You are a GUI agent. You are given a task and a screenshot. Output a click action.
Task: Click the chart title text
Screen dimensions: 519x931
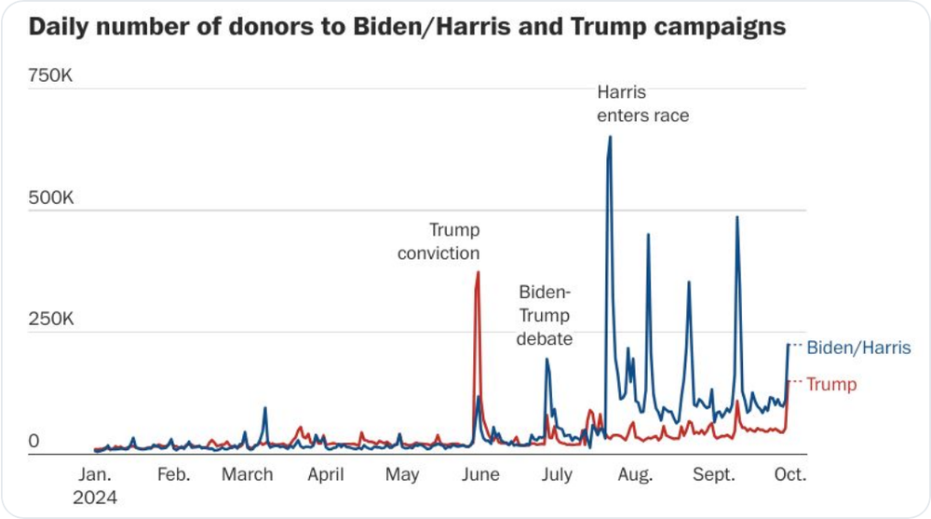(x=407, y=27)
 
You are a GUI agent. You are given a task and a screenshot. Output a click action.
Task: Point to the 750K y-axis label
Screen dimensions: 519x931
(x=49, y=76)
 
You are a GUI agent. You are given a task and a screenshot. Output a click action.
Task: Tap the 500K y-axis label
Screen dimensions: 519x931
(x=49, y=198)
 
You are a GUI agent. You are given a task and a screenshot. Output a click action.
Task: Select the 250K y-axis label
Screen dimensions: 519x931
(x=49, y=320)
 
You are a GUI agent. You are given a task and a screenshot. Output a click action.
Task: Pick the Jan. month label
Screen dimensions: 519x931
(x=96, y=475)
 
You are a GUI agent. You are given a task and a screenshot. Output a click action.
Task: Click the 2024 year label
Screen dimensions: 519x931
(x=96, y=498)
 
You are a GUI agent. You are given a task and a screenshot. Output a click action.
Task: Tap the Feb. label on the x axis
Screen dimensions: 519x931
(x=173, y=475)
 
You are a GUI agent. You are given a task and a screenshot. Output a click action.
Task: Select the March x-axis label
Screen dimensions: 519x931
(x=248, y=475)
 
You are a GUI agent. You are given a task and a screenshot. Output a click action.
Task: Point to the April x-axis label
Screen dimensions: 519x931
(x=326, y=475)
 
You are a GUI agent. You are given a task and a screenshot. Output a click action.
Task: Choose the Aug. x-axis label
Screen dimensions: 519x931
(x=635, y=475)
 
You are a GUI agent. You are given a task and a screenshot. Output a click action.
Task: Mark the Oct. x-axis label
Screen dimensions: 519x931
(x=790, y=475)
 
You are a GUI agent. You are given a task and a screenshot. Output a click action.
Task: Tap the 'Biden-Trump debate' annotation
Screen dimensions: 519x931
(x=545, y=316)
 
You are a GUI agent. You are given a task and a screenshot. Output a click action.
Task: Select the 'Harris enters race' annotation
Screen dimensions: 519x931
(x=642, y=104)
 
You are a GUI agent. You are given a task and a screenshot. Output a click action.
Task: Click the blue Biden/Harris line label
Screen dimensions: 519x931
(x=857, y=348)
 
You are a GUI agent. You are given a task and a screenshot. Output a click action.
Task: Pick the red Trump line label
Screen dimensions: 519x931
(x=831, y=384)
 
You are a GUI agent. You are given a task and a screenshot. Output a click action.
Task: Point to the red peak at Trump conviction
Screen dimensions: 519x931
(x=478, y=273)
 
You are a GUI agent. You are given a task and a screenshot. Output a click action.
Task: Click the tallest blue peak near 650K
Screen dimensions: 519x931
(x=610, y=138)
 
